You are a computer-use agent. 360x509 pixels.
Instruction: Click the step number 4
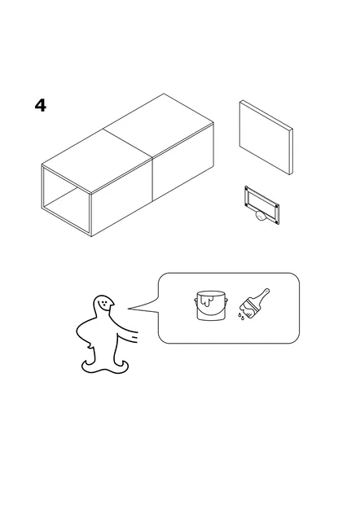coord(40,106)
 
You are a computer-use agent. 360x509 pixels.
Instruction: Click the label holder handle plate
coord(262,204)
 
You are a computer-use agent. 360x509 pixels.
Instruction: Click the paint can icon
coord(209,307)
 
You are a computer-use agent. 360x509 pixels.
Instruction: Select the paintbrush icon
coord(255,303)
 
